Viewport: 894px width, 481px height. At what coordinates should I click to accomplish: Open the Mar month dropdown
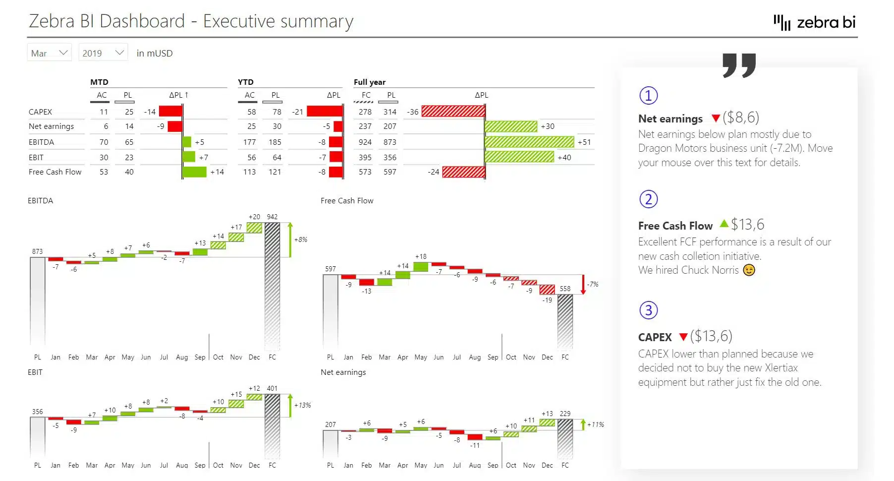[49, 53]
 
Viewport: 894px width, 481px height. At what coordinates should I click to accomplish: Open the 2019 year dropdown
[103, 53]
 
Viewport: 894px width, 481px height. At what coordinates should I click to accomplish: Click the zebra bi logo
[815, 22]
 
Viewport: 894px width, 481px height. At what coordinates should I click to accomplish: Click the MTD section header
[99, 82]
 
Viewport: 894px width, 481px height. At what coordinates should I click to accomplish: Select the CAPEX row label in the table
[40, 112]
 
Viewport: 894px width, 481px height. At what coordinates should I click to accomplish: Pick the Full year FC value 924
[365, 142]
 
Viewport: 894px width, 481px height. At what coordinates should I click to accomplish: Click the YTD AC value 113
[249, 172]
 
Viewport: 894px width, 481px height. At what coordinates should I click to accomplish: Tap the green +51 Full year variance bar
[529, 142]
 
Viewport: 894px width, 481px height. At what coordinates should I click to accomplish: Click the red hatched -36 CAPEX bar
[453, 112]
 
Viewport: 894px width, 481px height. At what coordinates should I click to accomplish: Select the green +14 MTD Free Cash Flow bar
[194, 172]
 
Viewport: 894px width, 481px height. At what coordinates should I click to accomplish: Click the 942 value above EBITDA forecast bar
[272, 217]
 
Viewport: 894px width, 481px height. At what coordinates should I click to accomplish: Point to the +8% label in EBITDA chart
[300, 240]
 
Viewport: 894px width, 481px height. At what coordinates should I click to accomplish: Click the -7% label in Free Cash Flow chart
[593, 284]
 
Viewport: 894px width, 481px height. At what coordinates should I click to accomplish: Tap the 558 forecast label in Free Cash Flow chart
[565, 289]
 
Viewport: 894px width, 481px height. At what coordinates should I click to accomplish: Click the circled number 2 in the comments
[648, 199]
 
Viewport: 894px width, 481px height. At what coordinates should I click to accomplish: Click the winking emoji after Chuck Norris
[749, 270]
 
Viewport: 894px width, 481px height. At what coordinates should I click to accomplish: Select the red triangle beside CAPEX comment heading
[683, 337]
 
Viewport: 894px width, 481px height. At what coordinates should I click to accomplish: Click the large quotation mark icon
[739, 65]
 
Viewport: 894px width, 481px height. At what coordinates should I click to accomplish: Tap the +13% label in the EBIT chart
[302, 405]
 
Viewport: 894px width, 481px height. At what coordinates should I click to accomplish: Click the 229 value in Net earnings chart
[565, 414]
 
